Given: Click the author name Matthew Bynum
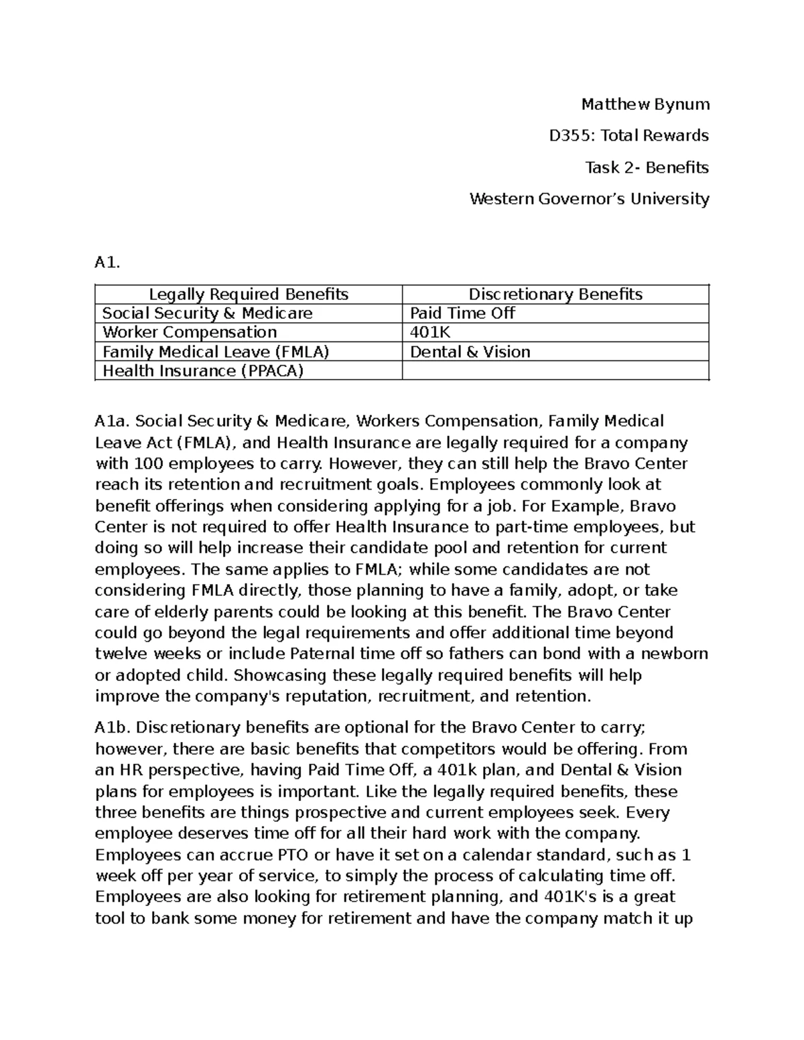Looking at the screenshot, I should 645,104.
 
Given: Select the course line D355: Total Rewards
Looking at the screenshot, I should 628,136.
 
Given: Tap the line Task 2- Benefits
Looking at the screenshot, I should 647,167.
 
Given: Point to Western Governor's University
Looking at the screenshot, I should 589,199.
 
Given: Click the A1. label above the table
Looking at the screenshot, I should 107,263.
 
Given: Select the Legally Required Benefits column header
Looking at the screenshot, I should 249,294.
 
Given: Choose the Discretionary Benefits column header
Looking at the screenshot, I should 555,294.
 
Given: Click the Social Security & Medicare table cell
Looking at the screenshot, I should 207,313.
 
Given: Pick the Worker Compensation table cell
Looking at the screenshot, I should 189,332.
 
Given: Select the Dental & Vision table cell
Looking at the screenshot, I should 470,352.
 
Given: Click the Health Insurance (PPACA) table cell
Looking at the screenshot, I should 202,371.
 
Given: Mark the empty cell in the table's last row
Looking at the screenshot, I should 555,371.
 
